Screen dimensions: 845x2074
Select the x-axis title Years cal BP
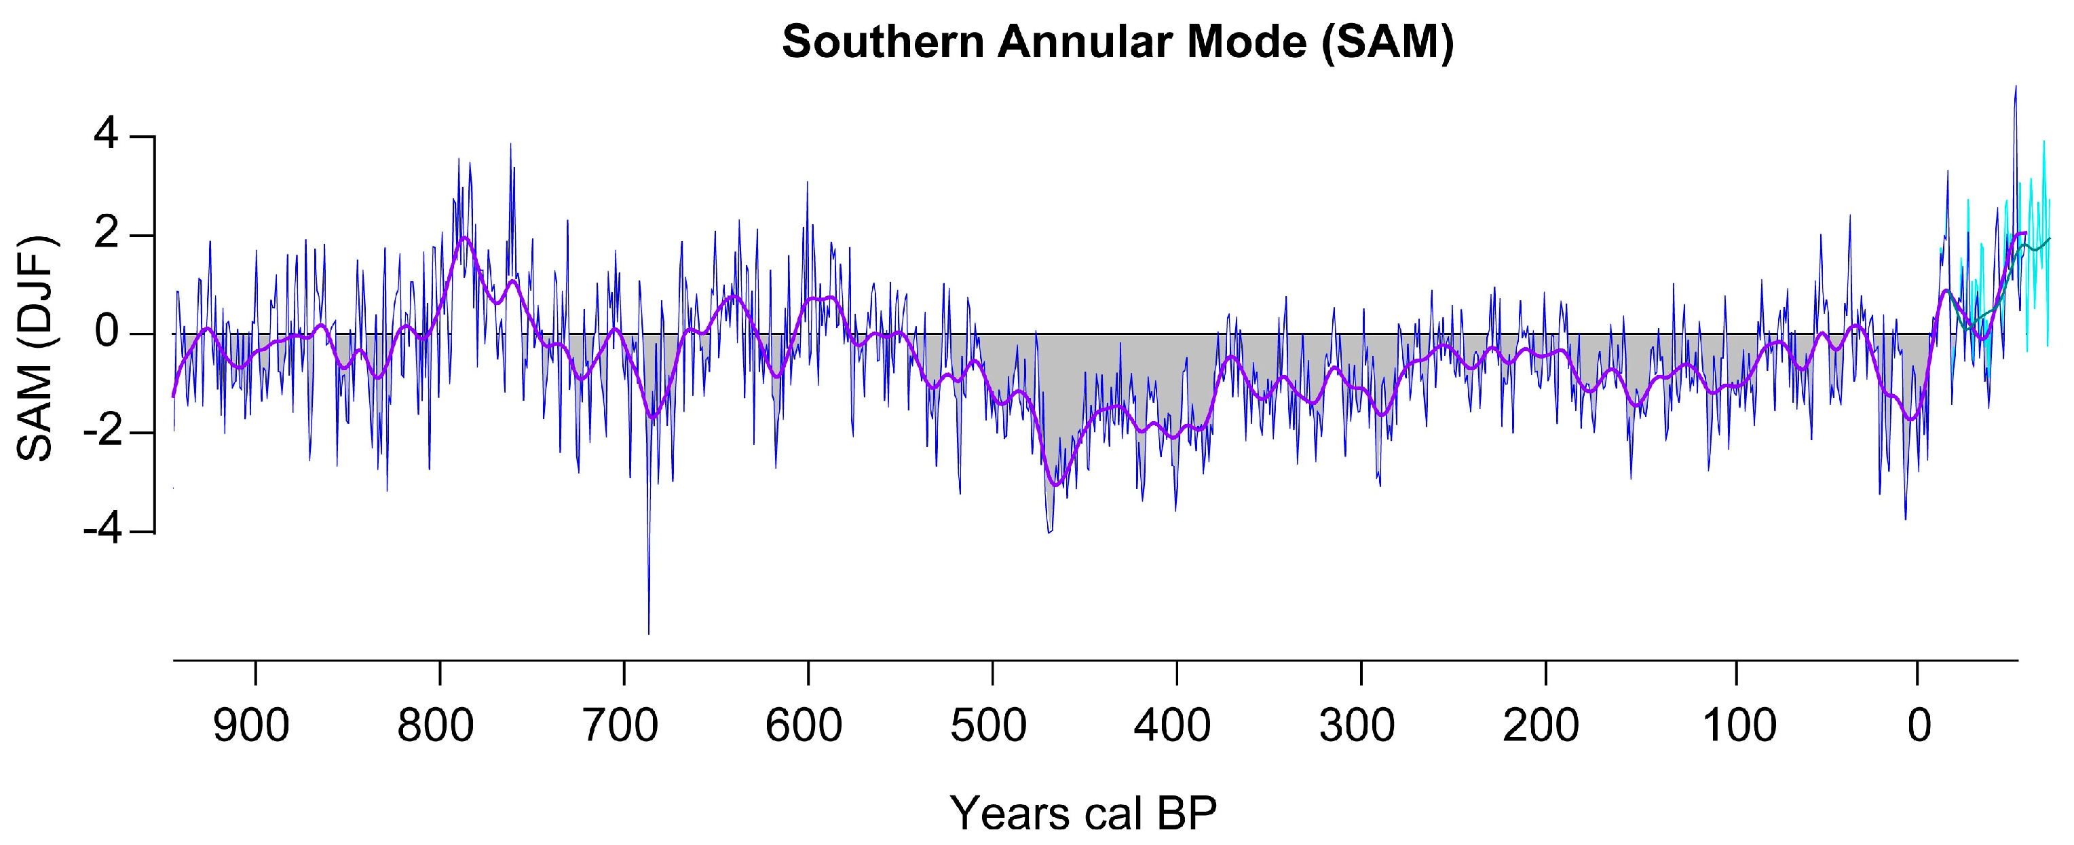coord(1084,813)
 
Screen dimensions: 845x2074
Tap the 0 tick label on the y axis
coord(107,333)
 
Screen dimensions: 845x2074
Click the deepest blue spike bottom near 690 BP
coord(648,633)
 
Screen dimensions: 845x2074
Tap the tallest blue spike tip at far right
coord(2015,86)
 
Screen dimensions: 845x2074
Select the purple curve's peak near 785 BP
coord(465,237)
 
